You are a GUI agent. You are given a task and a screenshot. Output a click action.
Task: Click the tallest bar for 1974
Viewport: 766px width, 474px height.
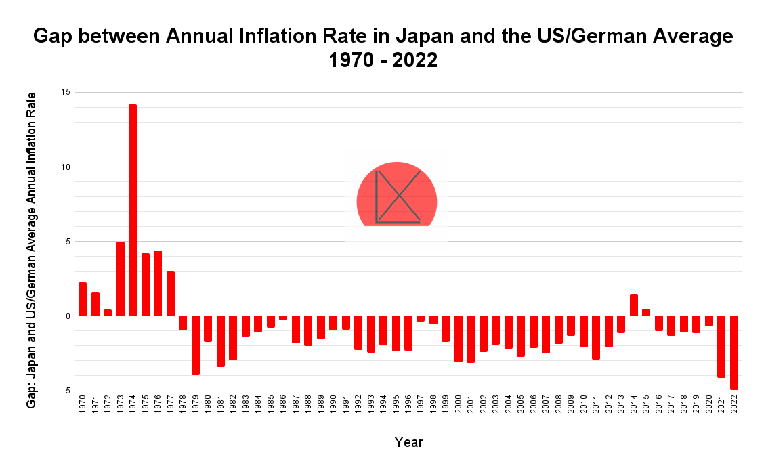point(133,210)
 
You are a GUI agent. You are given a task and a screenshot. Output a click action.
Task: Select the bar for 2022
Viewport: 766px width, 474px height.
point(733,352)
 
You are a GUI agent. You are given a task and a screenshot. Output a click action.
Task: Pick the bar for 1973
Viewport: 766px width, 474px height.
point(121,278)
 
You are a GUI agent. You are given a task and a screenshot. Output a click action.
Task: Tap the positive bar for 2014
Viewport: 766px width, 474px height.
point(634,305)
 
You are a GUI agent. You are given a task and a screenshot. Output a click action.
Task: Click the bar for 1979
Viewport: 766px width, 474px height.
point(196,345)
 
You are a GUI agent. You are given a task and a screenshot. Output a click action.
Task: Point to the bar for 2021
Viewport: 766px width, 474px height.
point(721,346)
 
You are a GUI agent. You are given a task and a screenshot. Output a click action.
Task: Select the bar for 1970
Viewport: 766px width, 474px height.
point(83,299)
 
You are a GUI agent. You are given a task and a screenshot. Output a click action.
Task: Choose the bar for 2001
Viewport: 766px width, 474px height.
point(471,339)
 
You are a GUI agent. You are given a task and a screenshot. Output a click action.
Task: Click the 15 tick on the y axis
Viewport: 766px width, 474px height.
point(65,92)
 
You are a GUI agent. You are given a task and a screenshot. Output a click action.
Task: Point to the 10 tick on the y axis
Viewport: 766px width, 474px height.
point(65,167)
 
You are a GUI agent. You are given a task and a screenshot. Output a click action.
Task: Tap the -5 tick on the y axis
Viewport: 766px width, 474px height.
point(66,391)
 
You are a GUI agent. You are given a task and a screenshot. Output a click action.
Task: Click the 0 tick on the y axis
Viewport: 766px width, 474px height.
point(68,316)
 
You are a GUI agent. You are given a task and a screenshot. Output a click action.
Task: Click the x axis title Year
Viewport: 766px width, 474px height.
point(408,442)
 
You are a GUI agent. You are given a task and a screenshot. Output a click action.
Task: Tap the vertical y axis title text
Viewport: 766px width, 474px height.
point(31,250)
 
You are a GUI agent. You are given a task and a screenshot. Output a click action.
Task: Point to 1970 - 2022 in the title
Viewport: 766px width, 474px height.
point(383,60)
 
